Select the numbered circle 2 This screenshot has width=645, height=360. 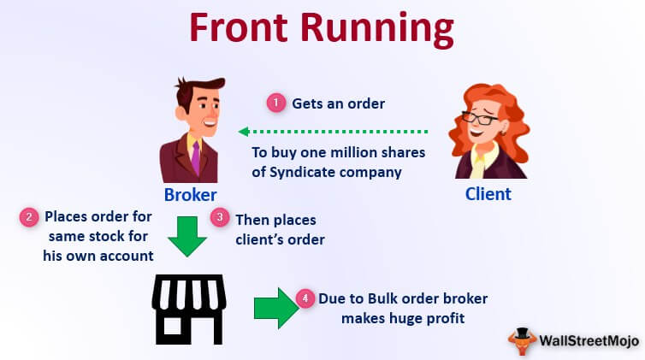click(28, 217)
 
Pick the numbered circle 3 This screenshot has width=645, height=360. click(220, 218)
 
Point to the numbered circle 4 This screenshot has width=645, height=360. click(305, 298)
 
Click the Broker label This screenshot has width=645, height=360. click(191, 193)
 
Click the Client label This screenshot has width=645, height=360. click(488, 193)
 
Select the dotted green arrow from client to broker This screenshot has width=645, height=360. click(333, 132)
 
